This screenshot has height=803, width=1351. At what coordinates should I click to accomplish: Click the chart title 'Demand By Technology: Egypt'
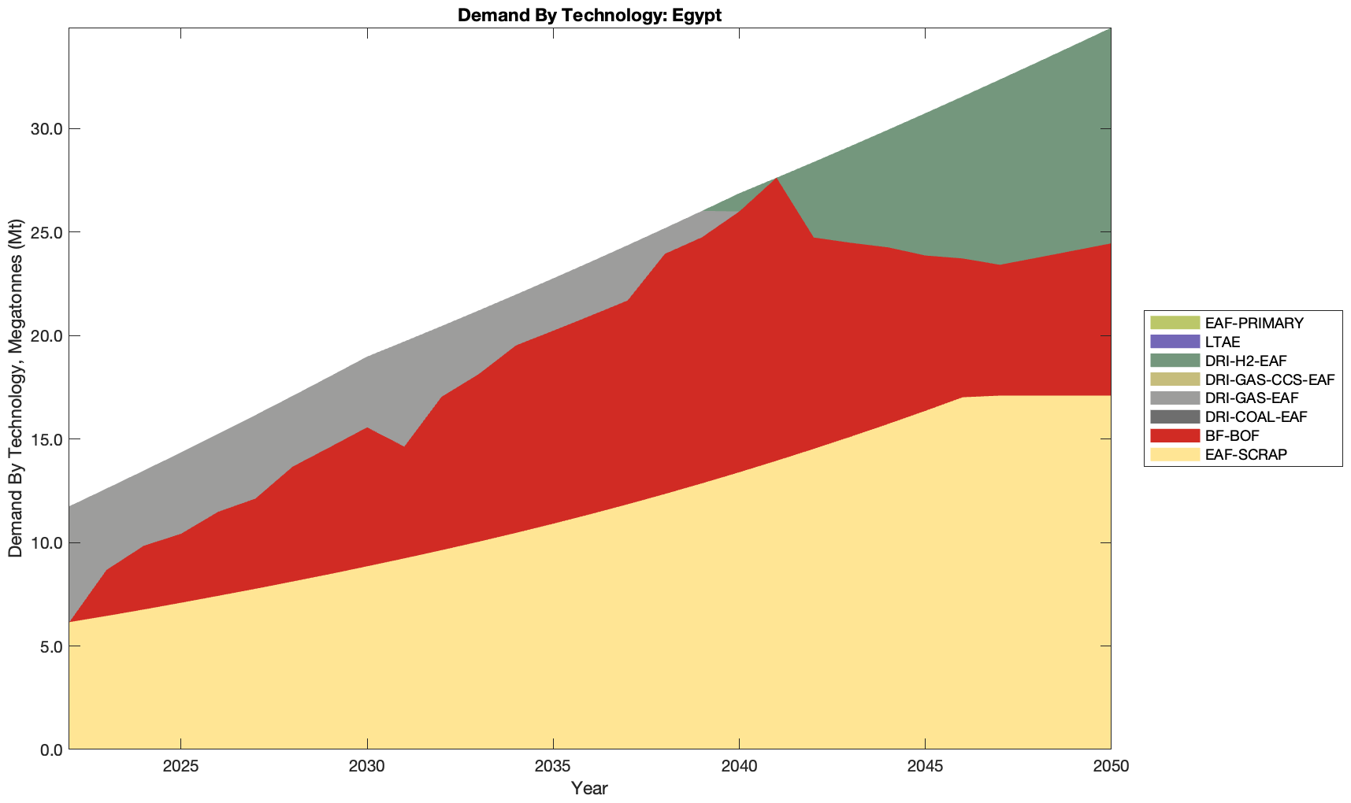[x=589, y=14]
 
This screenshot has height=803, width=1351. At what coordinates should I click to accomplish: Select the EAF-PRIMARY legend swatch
[x=1174, y=323]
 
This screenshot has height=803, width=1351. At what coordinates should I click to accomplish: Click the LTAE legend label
[x=1223, y=342]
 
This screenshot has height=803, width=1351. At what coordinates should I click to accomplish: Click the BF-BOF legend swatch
[x=1174, y=435]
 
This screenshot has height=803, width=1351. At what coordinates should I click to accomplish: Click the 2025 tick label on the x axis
[x=181, y=768]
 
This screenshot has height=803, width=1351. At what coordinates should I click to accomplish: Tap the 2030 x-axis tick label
[x=367, y=768]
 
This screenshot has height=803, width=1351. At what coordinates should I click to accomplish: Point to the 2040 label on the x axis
[x=739, y=768]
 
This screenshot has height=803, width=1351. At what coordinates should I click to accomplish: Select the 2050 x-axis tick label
[x=1111, y=768]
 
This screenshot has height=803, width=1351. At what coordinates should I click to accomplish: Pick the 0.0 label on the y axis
[x=48, y=749]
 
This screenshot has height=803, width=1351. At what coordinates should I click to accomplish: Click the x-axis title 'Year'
[x=589, y=788]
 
